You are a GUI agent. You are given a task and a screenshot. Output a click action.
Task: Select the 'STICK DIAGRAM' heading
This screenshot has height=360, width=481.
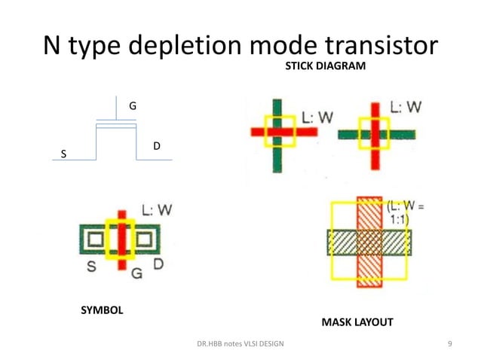click(324, 67)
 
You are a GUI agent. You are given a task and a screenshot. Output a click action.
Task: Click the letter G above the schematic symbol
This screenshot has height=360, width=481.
click(133, 106)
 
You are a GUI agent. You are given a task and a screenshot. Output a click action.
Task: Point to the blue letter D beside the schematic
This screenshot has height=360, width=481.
click(156, 145)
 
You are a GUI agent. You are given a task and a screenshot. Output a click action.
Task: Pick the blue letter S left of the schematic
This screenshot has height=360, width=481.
click(63, 154)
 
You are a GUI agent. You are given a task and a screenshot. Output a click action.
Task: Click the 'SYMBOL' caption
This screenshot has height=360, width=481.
click(102, 310)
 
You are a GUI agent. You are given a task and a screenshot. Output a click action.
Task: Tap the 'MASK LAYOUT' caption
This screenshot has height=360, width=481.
click(357, 322)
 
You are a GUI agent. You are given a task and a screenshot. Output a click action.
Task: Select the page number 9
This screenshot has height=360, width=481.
click(449, 345)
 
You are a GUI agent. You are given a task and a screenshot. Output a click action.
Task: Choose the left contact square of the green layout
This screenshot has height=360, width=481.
click(94, 240)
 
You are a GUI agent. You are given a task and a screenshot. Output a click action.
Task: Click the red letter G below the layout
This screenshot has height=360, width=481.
click(136, 272)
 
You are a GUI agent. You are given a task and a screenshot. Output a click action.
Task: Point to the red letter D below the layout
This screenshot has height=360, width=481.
click(158, 264)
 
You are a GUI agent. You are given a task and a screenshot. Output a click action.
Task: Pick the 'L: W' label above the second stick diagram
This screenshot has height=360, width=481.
click(407, 107)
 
